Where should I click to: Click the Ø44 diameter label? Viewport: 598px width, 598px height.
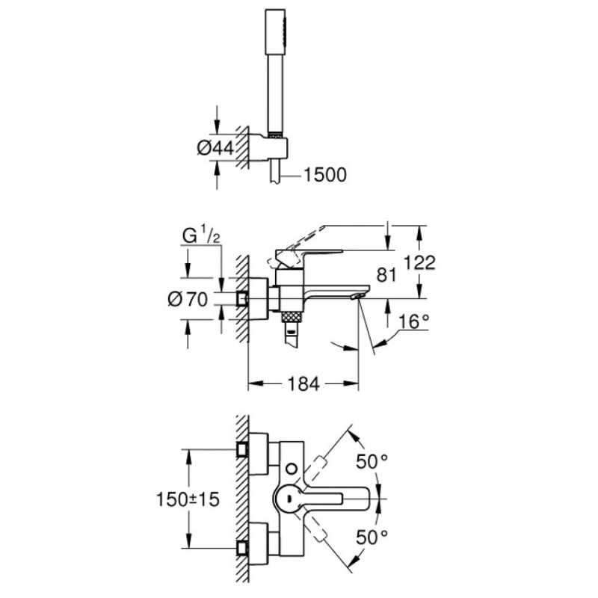coord(215,147)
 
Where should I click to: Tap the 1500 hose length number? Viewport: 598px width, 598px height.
coord(325,175)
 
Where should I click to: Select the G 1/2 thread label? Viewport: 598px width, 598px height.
coord(201,236)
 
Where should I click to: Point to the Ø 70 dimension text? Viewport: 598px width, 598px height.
coord(188,299)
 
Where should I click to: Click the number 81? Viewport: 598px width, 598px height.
coord(386,275)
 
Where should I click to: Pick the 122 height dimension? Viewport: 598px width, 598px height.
coord(419,263)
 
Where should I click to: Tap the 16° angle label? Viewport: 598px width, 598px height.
coord(414,322)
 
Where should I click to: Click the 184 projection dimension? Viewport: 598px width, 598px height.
coord(303,384)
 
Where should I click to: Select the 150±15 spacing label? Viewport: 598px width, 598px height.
coord(188,499)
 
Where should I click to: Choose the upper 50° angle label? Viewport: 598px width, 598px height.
coord(372,462)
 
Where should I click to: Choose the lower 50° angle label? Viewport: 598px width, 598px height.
coord(372,537)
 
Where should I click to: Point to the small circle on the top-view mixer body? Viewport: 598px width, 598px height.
coord(292,468)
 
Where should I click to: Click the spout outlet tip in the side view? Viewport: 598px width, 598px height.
coord(357,296)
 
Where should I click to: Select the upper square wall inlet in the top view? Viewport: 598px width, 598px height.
coord(242,449)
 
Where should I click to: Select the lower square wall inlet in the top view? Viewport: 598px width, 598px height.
coord(242,549)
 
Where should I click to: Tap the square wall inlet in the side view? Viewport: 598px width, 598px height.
coord(242,299)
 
